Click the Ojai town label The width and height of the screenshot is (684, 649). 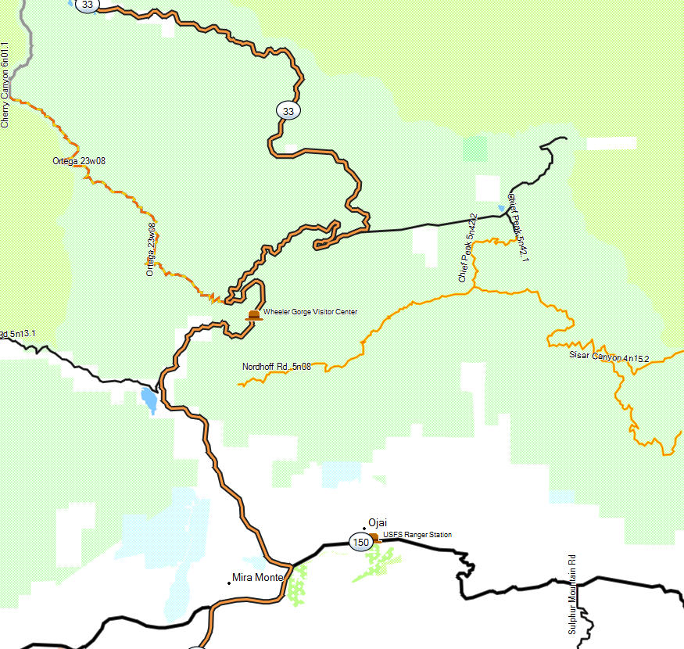378,523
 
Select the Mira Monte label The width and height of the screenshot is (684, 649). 258,578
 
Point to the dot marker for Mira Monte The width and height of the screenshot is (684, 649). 228,581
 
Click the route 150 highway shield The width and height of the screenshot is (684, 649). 360,542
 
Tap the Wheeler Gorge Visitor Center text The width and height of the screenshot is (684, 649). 310,312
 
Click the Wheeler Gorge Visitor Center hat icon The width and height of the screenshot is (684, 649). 254,314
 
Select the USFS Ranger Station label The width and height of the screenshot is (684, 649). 417,535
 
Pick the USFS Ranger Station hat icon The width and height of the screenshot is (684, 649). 374,537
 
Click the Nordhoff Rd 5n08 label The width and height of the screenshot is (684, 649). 277,366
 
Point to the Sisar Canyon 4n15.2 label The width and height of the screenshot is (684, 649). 609,357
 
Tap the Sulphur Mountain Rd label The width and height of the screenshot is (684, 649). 571,594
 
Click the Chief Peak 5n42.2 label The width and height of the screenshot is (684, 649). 467,247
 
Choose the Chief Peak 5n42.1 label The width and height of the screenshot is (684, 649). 518,227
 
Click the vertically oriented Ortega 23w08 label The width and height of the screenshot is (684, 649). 150,249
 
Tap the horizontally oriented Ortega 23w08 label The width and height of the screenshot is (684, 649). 79,161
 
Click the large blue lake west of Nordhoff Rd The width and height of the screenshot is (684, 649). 148,400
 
